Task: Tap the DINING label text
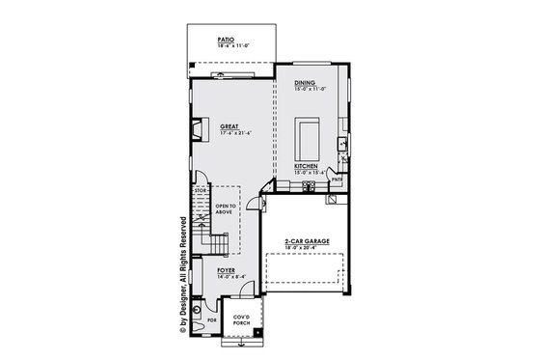point(305,84)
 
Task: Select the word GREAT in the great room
point(229,126)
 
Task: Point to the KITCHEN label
point(306,166)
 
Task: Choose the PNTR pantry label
point(337,179)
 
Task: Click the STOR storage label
point(202,192)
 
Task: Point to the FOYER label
point(227,271)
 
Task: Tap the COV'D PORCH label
point(243,318)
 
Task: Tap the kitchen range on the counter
point(309,185)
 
